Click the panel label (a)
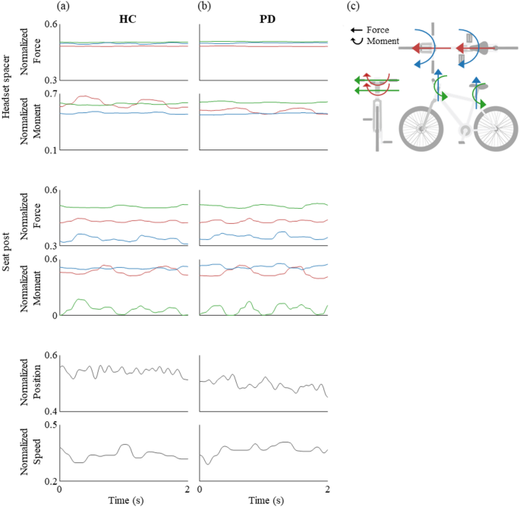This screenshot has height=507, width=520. pyautogui.click(x=65, y=7)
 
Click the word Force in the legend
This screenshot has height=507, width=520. pyautogui.click(x=383, y=30)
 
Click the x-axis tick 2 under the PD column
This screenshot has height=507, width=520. pyautogui.click(x=327, y=490)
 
